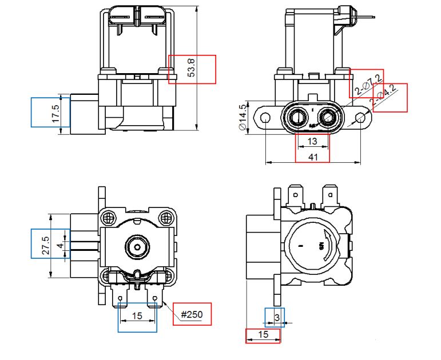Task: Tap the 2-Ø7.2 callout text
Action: point(367,83)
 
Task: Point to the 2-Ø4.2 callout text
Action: point(387,97)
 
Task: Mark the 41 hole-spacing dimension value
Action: point(312,157)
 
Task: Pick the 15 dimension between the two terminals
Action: point(137,315)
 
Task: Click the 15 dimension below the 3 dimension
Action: point(263,335)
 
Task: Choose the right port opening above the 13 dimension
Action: point(327,117)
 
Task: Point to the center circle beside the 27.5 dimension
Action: point(137,247)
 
